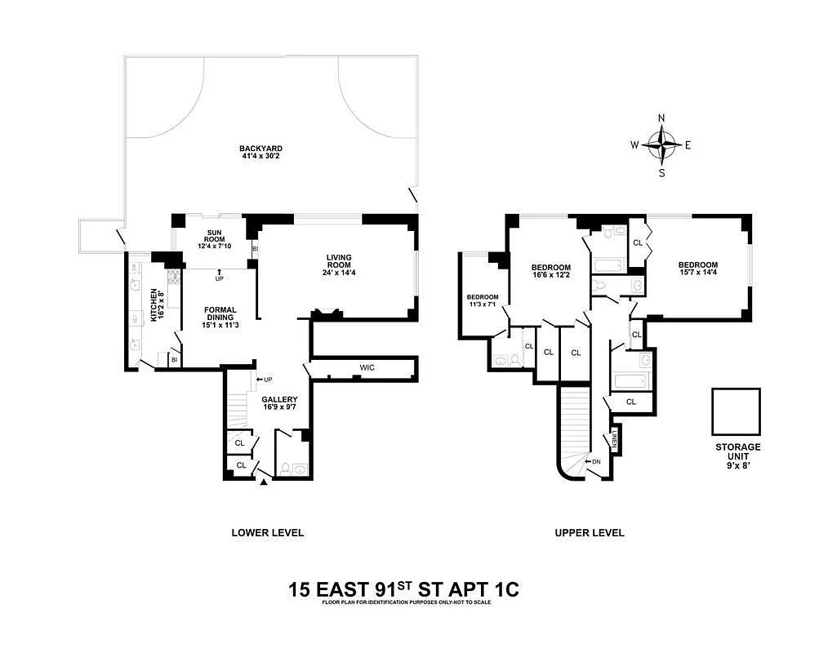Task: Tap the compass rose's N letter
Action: pos(661,118)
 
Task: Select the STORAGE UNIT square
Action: pos(736,411)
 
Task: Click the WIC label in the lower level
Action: pos(367,368)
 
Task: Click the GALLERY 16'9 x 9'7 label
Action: pos(279,403)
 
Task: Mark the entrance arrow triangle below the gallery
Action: pos(263,482)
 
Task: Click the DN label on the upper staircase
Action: pos(594,461)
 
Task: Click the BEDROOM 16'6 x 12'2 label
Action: pos(550,272)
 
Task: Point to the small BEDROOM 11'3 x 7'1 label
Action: pos(482,301)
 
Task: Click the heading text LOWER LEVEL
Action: pos(267,533)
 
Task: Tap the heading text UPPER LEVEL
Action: pos(589,533)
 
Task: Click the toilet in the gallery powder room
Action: pos(284,469)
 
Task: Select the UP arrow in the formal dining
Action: pos(219,273)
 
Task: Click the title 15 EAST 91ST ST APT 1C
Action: pos(403,589)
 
